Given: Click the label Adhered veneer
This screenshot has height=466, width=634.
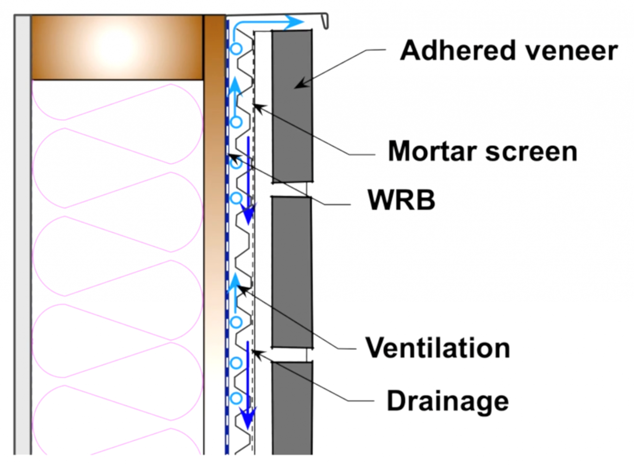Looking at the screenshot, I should coord(508,51).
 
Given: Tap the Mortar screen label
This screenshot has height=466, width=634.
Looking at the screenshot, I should coord(482,151).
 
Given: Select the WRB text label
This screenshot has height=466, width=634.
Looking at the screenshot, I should coord(401,200).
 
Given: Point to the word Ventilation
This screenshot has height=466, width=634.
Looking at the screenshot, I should coord(437,348).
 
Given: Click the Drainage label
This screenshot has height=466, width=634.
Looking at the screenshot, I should coord(448,401).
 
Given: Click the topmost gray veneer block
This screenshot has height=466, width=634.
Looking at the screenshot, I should coord(292,105).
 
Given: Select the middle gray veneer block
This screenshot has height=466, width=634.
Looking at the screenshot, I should coord(292,272).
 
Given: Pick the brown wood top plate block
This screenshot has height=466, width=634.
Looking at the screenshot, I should coord(117,47).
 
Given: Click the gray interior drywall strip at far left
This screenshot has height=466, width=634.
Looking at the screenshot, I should coord(22,235).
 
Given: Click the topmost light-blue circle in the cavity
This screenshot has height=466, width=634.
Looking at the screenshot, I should coord(237,49).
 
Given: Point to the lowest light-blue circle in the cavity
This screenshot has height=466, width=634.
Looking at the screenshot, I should coord(237,398).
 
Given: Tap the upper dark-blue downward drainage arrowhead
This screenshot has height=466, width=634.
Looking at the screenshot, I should coord(248,214).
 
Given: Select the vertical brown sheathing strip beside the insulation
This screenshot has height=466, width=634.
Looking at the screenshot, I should coord(214,217).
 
